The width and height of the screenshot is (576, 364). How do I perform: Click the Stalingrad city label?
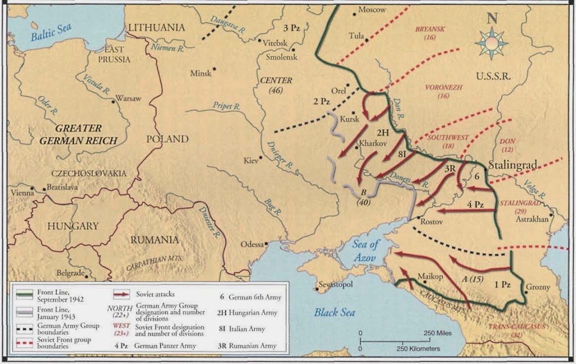coord(512,165)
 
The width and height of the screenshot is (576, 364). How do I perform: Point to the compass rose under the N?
coord(491,43)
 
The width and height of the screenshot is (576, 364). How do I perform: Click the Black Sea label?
coord(335,312)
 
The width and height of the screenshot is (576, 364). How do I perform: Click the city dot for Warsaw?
coord(112,98)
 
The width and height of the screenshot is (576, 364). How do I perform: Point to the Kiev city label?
coord(249,161)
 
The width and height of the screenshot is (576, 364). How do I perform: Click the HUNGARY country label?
coord(73,226)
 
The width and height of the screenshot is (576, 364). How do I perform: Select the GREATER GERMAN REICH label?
coord(78,134)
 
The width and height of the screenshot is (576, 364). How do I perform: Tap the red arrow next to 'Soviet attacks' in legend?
coord(121,293)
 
